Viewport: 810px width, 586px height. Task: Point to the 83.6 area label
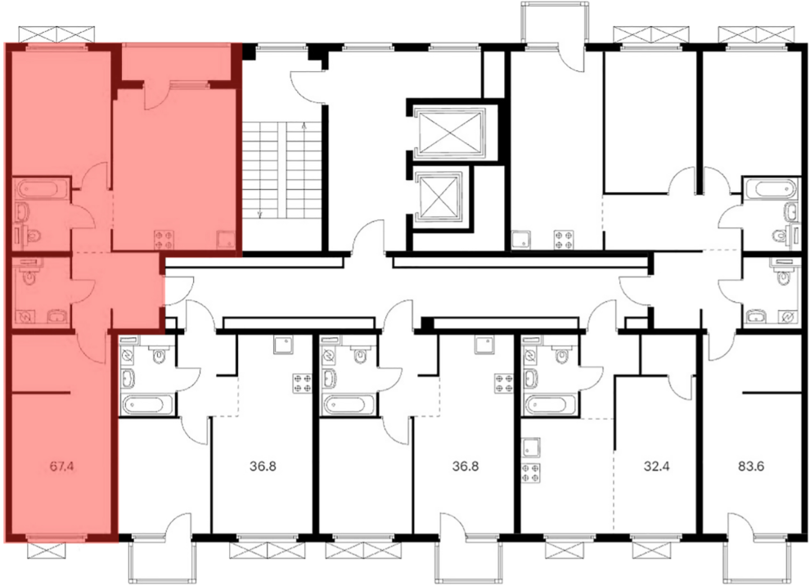[751, 467]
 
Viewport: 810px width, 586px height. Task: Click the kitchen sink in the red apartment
[226, 239]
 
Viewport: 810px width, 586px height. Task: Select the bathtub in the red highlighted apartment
[42, 188]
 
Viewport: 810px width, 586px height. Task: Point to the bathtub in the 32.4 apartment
[549, 404]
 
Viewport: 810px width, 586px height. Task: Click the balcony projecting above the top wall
[553, 24]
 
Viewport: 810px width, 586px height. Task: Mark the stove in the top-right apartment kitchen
[563, 240]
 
